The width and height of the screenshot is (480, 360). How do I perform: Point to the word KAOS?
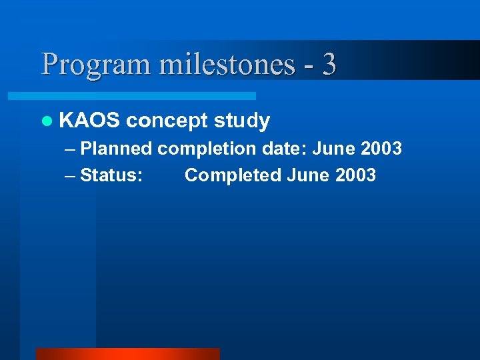89,121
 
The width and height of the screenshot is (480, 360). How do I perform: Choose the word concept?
167,121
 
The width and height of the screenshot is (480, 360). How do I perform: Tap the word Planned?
116,149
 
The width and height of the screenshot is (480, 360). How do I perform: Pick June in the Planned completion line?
334,149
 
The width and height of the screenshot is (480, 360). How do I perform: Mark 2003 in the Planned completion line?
381,149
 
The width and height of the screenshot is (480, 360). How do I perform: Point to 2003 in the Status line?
356,175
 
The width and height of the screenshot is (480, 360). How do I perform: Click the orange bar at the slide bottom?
127,354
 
